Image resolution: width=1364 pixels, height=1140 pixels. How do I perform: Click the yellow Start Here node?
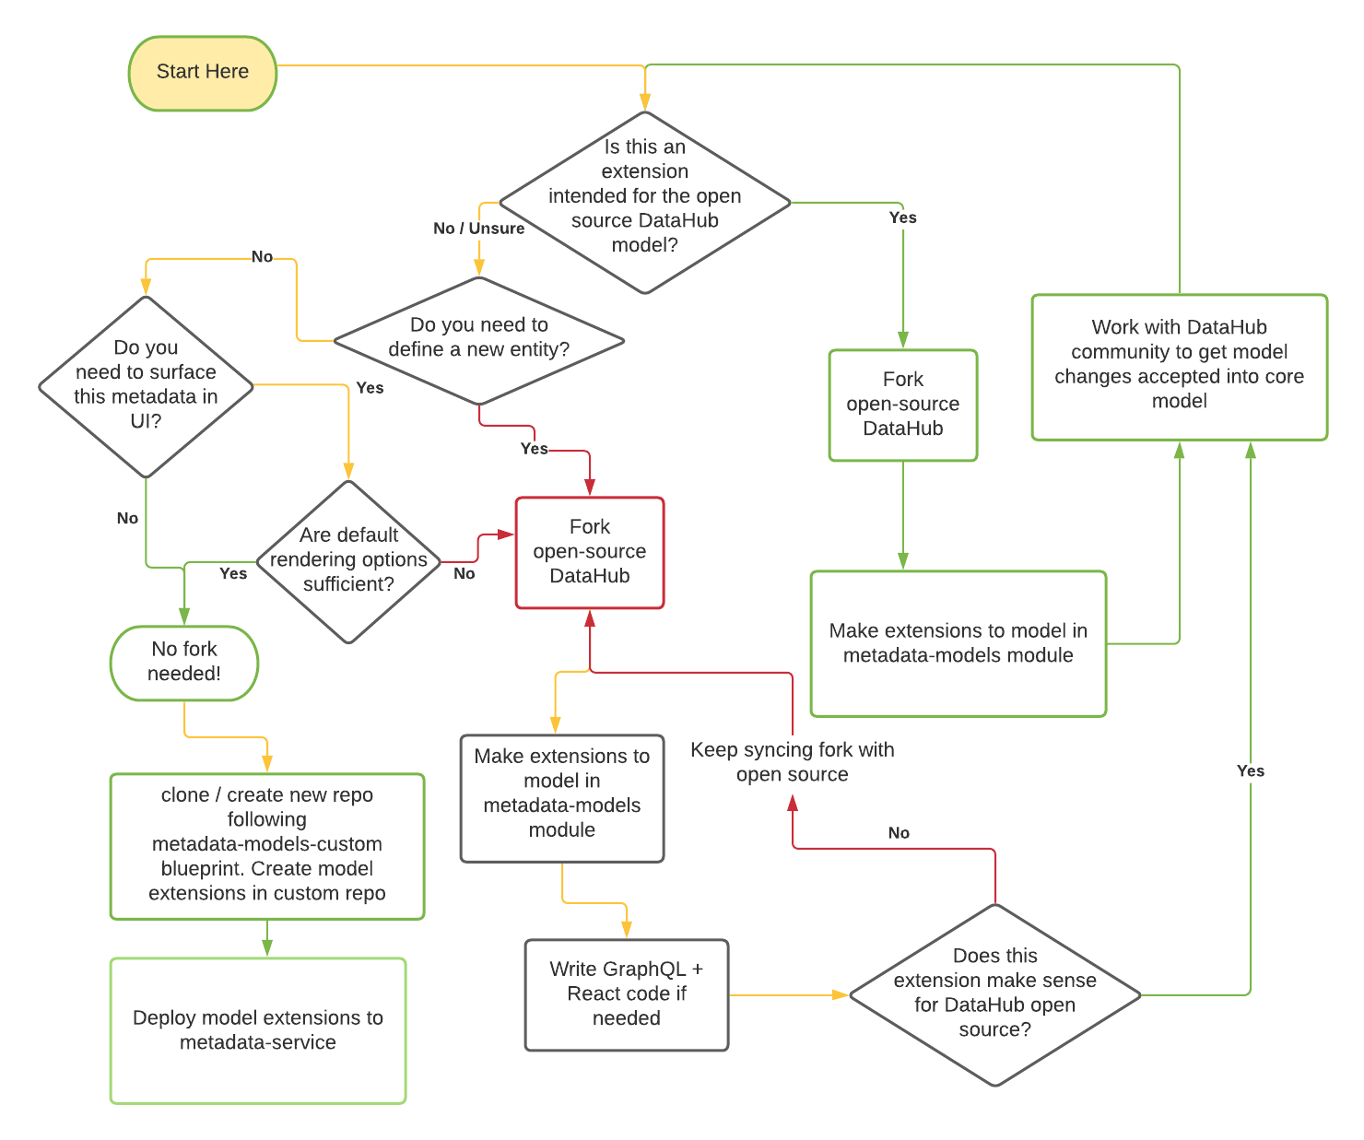point(203,73)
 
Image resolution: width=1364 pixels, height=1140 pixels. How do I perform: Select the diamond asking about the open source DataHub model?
point(645,202)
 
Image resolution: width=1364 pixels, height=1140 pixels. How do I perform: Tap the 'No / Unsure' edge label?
point(478,229)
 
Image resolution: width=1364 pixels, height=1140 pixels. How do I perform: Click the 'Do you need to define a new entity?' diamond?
point(478,339)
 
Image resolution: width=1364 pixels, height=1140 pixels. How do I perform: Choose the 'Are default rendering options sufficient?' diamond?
point(348,560)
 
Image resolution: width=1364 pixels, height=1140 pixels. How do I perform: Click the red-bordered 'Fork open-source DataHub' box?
point(590,552)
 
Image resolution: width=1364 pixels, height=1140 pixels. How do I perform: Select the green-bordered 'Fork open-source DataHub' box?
point(902,405)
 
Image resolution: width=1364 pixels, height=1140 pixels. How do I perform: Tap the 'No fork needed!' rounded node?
point(184,662)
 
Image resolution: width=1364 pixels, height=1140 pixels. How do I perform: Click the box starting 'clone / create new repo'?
point(267,845)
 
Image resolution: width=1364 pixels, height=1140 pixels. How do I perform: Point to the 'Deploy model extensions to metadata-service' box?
point(258,1030)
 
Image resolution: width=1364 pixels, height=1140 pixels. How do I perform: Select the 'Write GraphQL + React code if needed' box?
point(627,994)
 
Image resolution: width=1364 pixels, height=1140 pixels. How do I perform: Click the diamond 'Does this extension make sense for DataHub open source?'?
point(994,994)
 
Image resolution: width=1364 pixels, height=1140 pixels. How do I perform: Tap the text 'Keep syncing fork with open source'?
point(792,762)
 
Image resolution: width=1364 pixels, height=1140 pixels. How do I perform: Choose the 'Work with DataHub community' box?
point(1179,366)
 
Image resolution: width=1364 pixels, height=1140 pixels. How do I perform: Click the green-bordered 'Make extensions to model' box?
point(958,643)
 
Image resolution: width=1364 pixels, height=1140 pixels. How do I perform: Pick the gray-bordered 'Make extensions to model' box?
point(562,797)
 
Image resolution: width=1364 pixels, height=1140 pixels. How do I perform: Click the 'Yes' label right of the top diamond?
point(902,217)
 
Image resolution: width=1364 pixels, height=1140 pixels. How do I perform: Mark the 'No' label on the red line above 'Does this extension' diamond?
point(899,833)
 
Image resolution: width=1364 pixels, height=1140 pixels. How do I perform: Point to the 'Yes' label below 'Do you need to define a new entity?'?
point(534,449)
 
